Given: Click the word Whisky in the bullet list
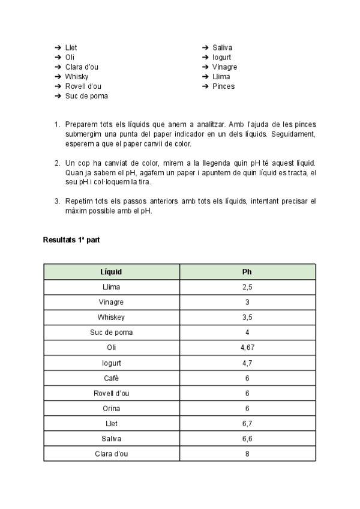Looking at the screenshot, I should pyautogui.click(x=77, y=77).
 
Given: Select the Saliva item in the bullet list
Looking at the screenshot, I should pyautogui.click(x=222, y=47).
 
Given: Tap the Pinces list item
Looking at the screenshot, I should pyautogui.click(x=223, y=86).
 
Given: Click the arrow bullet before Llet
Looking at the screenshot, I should pyautogui.click(x=58, y=47).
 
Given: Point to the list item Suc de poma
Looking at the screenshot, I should pyautogui.click(x=86, y=96).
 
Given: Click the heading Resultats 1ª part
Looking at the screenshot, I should pyautogui.click(x=71, y=240).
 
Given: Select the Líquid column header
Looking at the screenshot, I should pyautogui.click(x=111, y=272).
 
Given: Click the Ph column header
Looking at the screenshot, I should pyautogui.click(x=247, y=272).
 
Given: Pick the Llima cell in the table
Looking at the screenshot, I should pyautogui.click(x=111, y=287).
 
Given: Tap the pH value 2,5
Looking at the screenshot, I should pyautogui.click(x=247, y=287).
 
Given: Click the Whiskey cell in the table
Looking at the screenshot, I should pyautogui.click(x=111, y=317).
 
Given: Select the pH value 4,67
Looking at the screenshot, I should pyautogui.click(x=247, y=347).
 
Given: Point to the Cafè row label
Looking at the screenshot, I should pyautogui.click(x=111, y=378).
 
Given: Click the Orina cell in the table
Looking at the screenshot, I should pyautogui.click(x=111, y=408).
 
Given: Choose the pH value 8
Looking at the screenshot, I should pyautogui.click(x=247, y=454).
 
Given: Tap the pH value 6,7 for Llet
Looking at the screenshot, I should pyautogui.click(x=247, y=424).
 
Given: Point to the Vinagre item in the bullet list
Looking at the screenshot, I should pyautogui.click(x=224, y=67).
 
